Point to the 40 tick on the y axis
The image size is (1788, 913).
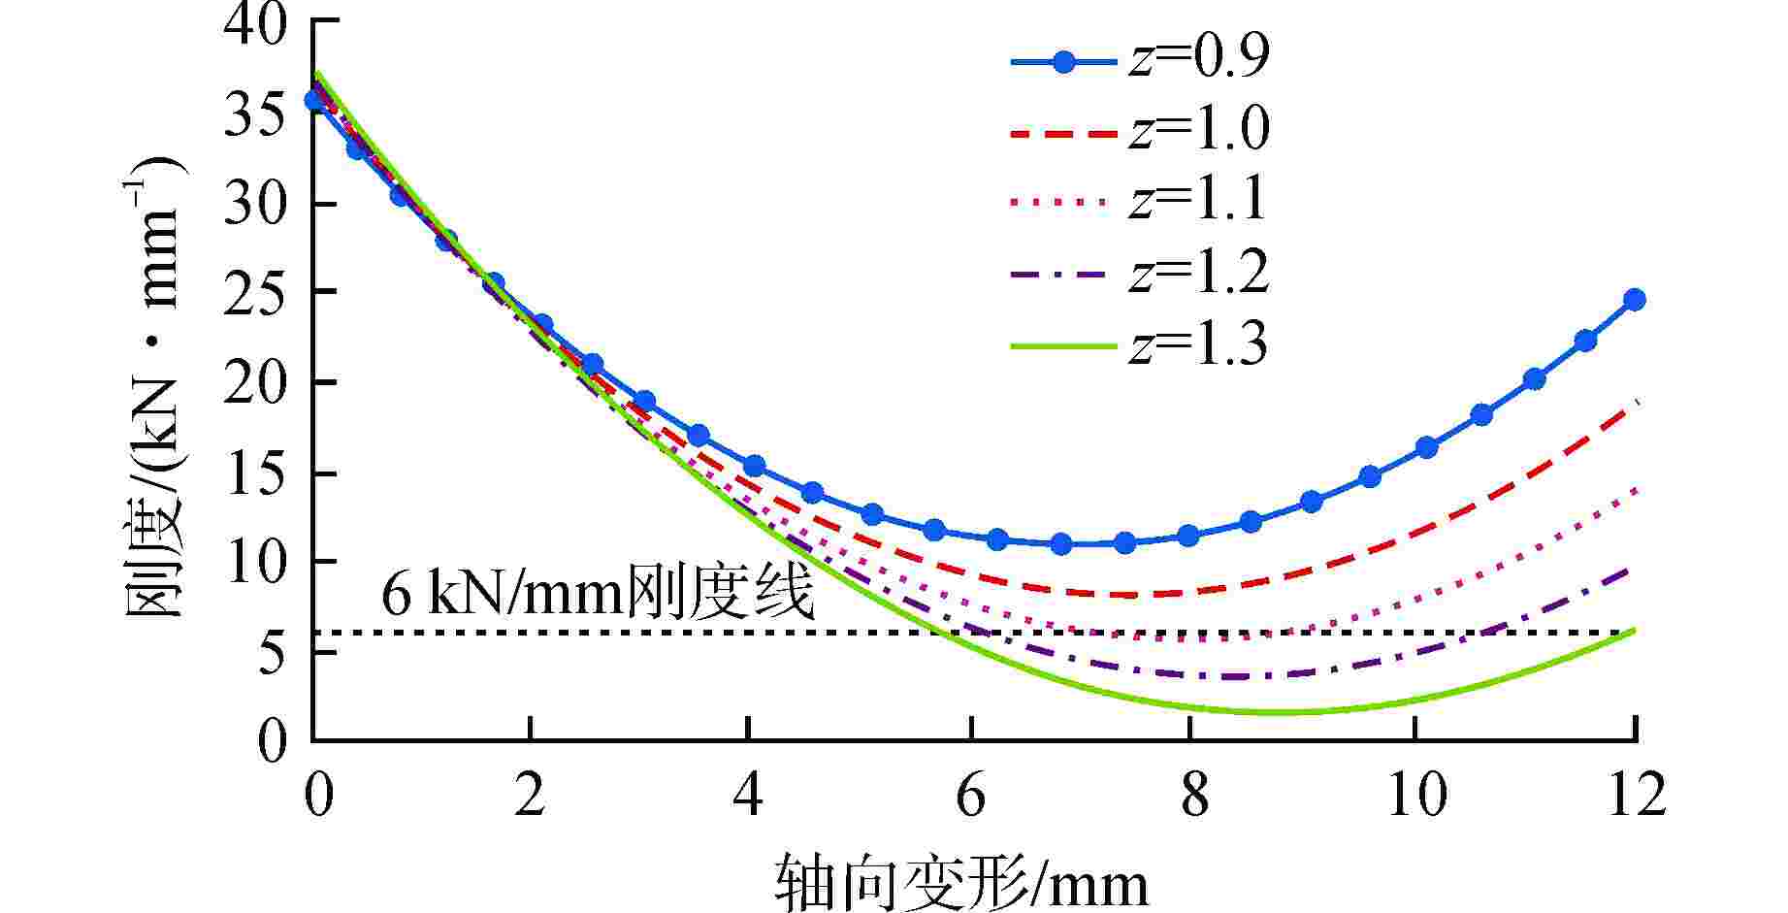pyautogui.click(x=256, y=21)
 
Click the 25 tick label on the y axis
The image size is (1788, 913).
pyautogui.click(x=256, y=292)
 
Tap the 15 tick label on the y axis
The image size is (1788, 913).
pyautogui.click(x=256, y=473)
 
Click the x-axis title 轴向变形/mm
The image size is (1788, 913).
pyautogui.click(x=960, y=881)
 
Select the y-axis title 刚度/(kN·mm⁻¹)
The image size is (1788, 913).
pyautogui.click(x=155, y=388)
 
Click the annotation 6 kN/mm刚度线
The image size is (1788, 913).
pyautogui.click(x=597, y=595)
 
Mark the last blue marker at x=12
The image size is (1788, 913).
pyautogui.click(x=1635, y=300)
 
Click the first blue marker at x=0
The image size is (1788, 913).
pyautogui.click(x=313, y=100)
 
